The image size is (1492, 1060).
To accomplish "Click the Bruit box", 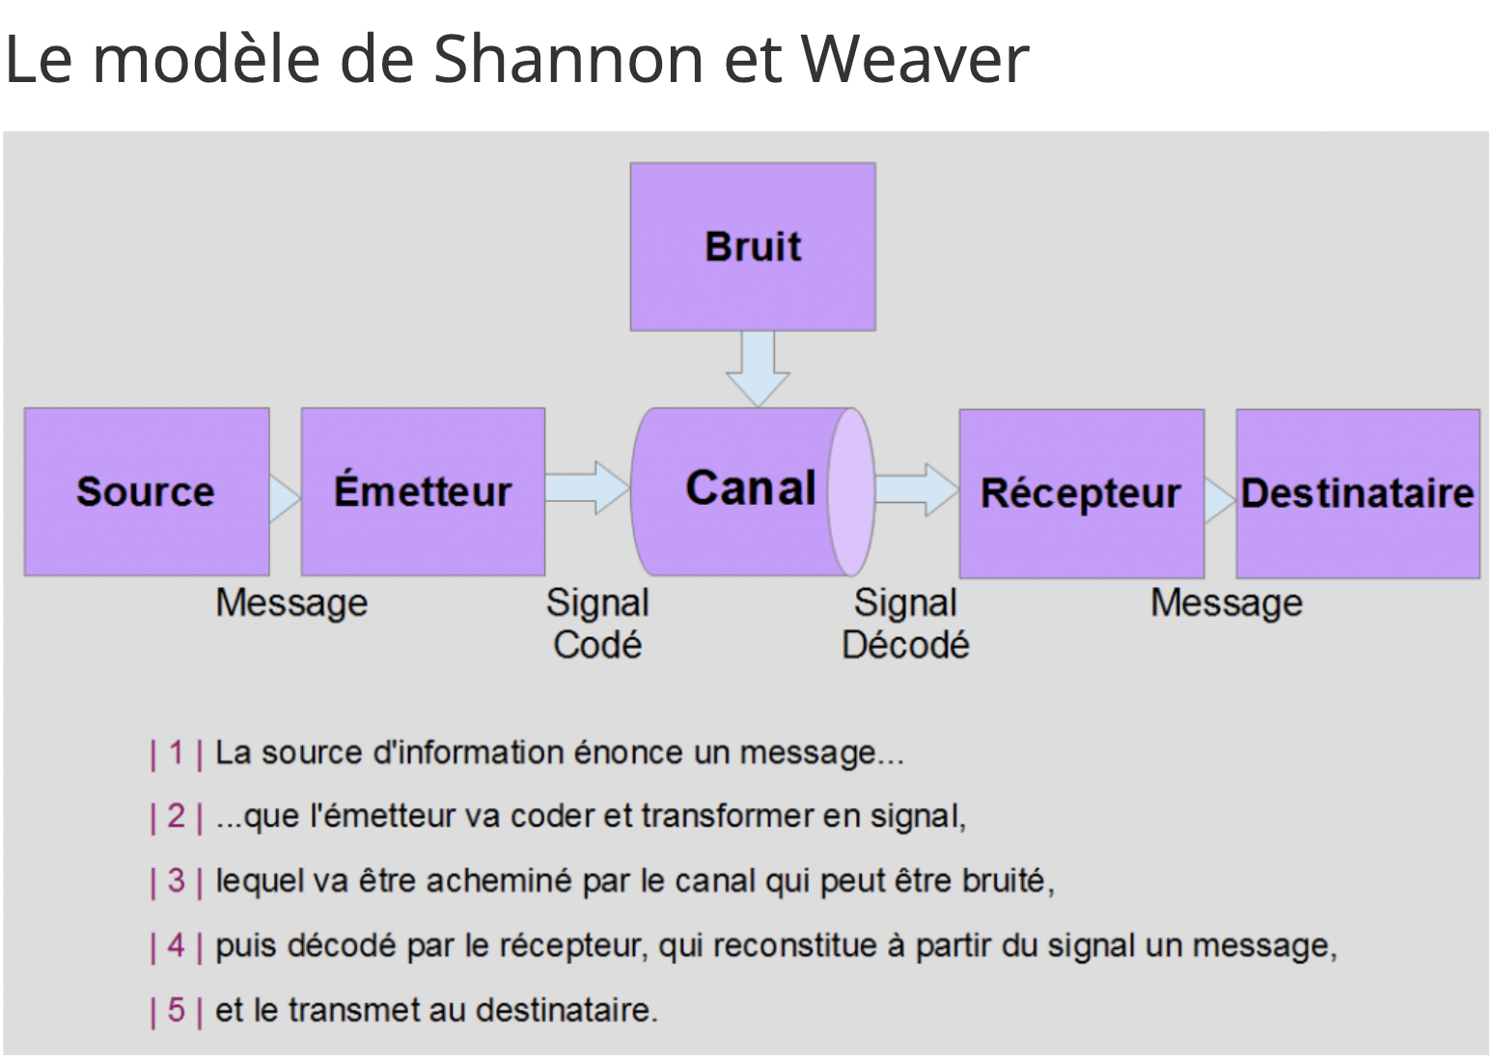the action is tap(753, 246).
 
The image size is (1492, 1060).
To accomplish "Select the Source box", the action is tap(148, 491).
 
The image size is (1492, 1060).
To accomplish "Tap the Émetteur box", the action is tap(423, 491).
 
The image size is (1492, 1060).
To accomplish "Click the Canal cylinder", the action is tap(753, 491).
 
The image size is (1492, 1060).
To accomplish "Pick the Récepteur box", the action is tap(1082, 493).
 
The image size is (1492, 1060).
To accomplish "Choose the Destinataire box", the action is tap(1358, 493).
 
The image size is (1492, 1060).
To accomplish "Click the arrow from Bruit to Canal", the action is tap(758, 369).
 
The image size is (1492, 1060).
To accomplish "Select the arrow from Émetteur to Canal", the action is tap(588, 488).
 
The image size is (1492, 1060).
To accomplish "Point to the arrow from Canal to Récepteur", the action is tap(917, 489).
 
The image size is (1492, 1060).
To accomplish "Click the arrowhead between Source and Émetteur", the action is tap(285, 498).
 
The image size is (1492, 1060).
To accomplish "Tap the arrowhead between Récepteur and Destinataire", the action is tap(1220, 500).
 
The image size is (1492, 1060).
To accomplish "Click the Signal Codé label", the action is tap(597, 624).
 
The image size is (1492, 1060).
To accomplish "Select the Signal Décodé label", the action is tap(905, 624).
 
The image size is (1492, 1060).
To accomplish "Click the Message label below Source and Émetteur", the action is tap(291, 603).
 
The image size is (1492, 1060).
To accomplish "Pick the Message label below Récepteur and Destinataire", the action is tap(1227, 603).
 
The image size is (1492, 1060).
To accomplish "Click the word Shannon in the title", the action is tap(568, 59).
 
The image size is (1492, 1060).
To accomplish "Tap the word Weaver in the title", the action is tap(915, 60).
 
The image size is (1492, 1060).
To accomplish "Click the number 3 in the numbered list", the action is tap(177, 880).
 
